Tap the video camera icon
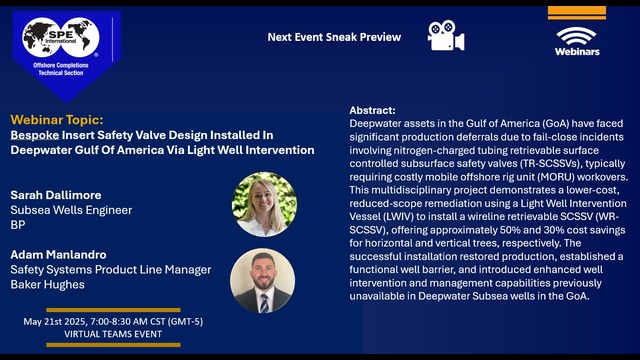coord(445,35)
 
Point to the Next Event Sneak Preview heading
coord(334,37)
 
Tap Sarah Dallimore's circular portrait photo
coord(263,204)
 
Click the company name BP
coord(18,227)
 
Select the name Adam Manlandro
coord(57,254)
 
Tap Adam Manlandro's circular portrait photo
coord(263,280)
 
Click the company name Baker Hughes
coord(46,286)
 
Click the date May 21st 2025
coord(56,323)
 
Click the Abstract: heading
coord(372,110)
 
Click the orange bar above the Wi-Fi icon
coord(576,13)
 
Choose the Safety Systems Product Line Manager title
coord(110,270)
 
